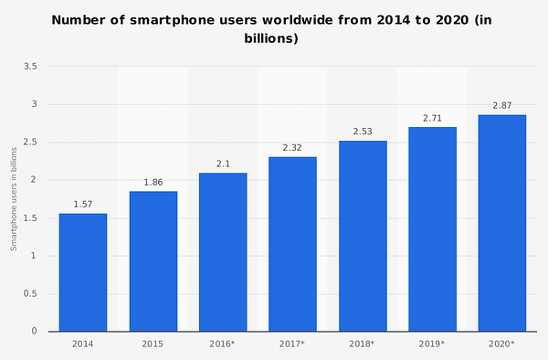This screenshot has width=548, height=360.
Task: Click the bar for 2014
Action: [83, 272]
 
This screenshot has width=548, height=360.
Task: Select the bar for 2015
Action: [153, 261]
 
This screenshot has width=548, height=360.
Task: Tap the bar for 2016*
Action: [223, 252]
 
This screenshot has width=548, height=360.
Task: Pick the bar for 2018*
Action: [363, 236]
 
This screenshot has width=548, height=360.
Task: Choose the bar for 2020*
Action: [502, 223]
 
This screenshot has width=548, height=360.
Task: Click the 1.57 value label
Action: [83, 205]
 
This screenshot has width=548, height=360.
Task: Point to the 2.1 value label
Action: [223, 164]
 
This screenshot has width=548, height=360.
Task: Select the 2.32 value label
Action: [292, 148]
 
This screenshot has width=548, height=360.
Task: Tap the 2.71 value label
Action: [432, 119]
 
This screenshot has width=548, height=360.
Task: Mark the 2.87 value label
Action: [502, 106]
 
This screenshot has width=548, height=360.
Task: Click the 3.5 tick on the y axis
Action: [30, 67]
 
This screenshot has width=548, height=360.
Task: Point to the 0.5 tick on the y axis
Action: [30, 293]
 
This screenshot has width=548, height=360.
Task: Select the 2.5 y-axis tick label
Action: [30, 142]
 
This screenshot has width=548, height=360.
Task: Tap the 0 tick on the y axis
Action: [34, 331]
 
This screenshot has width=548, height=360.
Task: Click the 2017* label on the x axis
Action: [292, 344]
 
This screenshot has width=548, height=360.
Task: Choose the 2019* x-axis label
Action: [432, 344]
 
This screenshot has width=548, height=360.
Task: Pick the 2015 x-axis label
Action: [153, 344]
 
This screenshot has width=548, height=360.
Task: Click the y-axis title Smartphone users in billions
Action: [14, 199]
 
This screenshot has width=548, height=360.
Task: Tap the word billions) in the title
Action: [271, 38]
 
